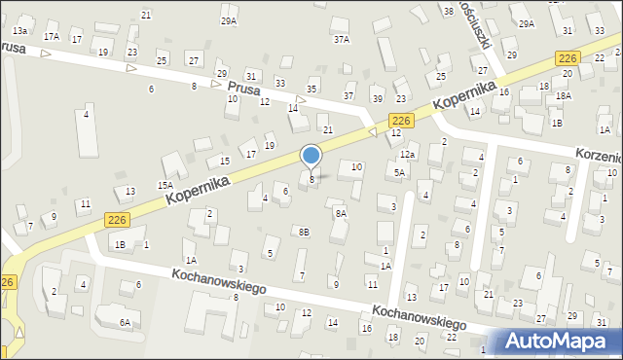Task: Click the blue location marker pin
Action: point(311,157)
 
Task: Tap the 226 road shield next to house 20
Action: point(569,60)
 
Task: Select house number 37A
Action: point(341,40)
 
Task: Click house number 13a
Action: point(19,31)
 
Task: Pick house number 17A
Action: point(51,37)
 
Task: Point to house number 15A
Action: point(165,185)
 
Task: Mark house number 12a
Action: point(407,155)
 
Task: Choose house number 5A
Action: point(399,172)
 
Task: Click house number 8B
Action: point(304,232)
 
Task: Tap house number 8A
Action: point(340,212)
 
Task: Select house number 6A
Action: point(125,322)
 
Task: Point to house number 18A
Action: point(563,96)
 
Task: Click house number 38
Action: point(449,11)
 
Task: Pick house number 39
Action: point(378,99)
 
